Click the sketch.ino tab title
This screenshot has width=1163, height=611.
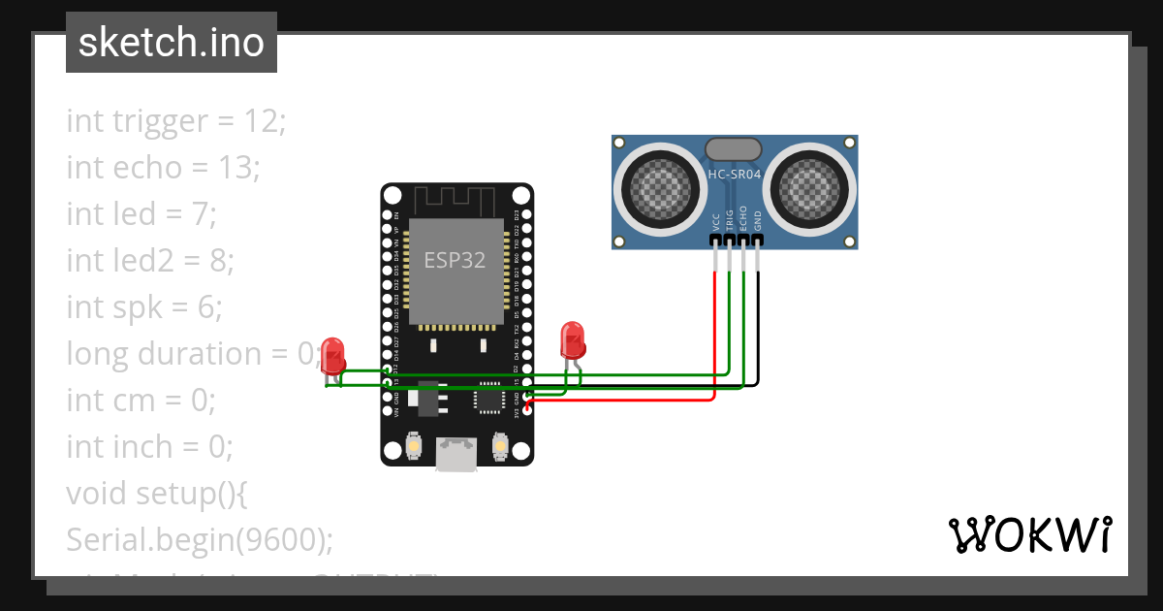click(171, 43)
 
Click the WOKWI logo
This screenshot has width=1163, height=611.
click(1029, 534)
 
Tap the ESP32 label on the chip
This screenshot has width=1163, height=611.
click(454, 260)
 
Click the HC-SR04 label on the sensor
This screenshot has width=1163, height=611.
click(734, 175)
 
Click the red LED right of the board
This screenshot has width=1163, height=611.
click(572, 340)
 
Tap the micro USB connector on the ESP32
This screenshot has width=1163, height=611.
click(456, 454)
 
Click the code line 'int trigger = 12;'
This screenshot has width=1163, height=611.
click(176, 121)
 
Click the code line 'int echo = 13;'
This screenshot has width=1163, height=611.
click(163, 168)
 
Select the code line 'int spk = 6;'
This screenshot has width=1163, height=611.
click(144, 307)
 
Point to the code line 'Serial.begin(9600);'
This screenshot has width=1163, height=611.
click(200, 539)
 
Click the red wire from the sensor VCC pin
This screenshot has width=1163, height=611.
click(714, 330)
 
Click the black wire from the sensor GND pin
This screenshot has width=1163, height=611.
click(758, 330)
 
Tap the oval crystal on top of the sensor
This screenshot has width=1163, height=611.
click(734, 148)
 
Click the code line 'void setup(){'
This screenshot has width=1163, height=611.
click(157, 493)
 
